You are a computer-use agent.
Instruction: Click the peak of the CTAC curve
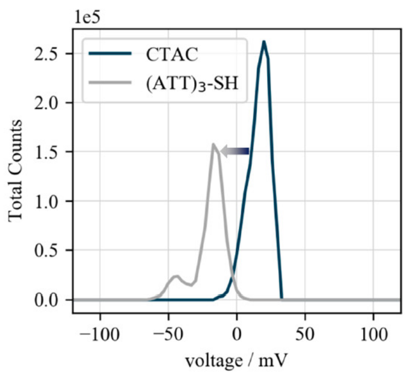tap(264, 42)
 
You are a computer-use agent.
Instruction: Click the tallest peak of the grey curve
tap(213, 144)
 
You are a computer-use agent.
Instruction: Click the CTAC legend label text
tap(172, 54)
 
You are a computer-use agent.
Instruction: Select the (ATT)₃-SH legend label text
tap(192, 84)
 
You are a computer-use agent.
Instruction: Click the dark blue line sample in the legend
tap(110, 54)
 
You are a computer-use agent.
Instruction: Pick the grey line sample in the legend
tap(110, 83)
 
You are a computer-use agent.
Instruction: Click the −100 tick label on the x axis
tap(99, 334)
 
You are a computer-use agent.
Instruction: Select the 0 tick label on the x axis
tap(237, 334)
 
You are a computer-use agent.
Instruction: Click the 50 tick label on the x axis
tap(305, 334)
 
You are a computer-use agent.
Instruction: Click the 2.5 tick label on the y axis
tap(47, 54)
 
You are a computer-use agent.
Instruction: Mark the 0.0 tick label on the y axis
tap(47, 300)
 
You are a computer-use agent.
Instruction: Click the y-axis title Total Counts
tap(15, 171)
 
